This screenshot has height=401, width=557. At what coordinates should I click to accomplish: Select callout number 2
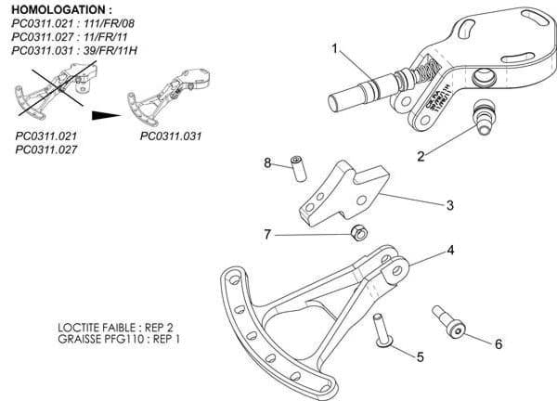click(421, 156)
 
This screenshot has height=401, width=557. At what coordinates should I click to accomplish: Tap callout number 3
click(448, 205)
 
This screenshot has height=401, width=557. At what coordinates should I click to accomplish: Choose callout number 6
click(498, 343)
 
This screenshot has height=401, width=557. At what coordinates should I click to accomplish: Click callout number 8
click(267, 163)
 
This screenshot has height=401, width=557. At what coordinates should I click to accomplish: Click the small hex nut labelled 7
click(356, 231)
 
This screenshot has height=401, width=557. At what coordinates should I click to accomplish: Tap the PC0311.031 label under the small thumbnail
click(172, 135)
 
